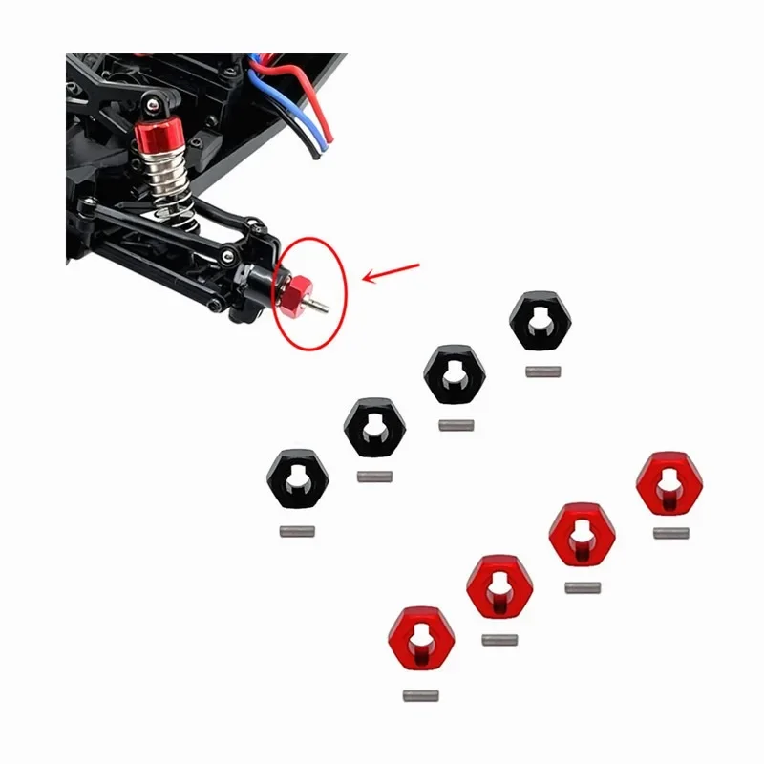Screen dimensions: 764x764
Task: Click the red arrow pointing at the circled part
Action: pos(391,271)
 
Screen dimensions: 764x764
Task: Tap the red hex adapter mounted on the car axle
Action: pos(295,292)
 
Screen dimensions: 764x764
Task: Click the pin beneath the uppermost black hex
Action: pos(541,372)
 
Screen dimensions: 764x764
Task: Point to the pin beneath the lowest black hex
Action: pos(297,531)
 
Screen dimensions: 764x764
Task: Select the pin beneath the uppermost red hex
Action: pos(671,533)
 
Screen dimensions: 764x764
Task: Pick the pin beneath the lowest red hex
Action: pos(421,694)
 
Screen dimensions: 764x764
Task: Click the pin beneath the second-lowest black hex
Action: pos(375,476)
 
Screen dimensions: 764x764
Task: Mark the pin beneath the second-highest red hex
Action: pos(583,587)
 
